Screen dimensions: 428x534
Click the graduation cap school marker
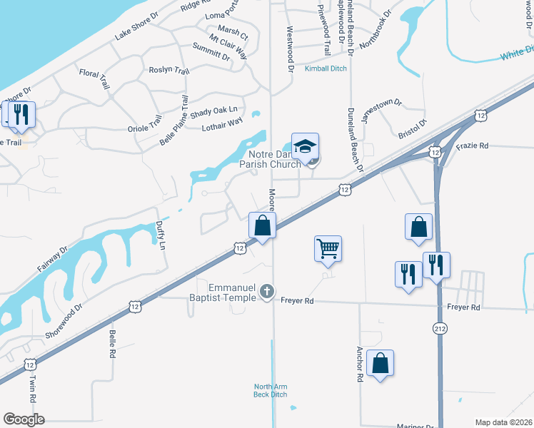[305, 147]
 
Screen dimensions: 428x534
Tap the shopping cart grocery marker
[328, 249]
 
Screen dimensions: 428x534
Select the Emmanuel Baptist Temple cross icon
[266, 291]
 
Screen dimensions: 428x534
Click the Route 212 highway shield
[439, 327]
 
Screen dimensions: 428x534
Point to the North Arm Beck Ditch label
[271, 390]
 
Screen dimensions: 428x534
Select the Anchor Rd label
[358, 365]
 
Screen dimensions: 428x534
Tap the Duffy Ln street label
[160, 234]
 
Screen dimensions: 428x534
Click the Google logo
[24, 419]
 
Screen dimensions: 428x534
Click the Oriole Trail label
[145, 123]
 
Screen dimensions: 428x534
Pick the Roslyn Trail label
[168, 71]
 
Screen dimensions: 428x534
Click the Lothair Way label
[223, 126]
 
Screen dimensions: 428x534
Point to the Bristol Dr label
[411, 128]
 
